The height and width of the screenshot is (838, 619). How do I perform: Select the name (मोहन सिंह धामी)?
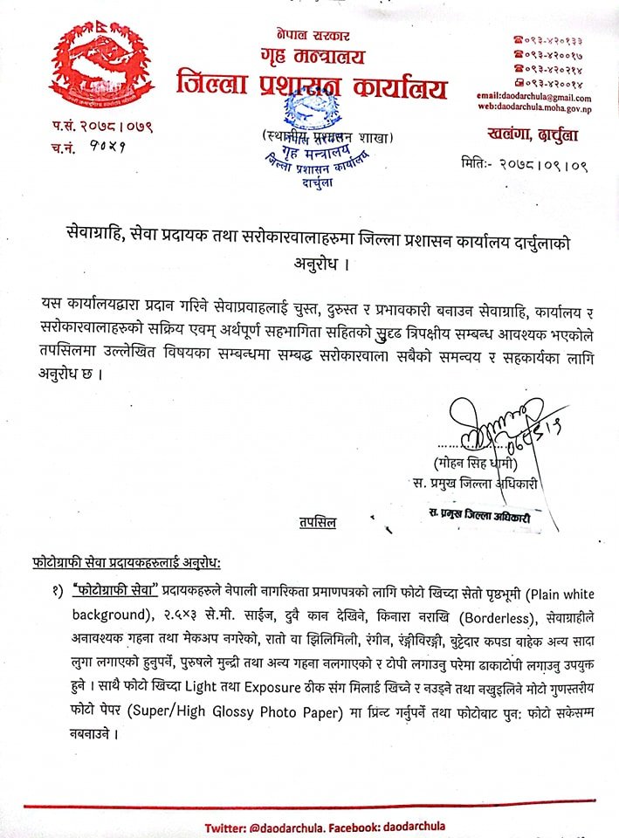(x=475, y=462)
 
